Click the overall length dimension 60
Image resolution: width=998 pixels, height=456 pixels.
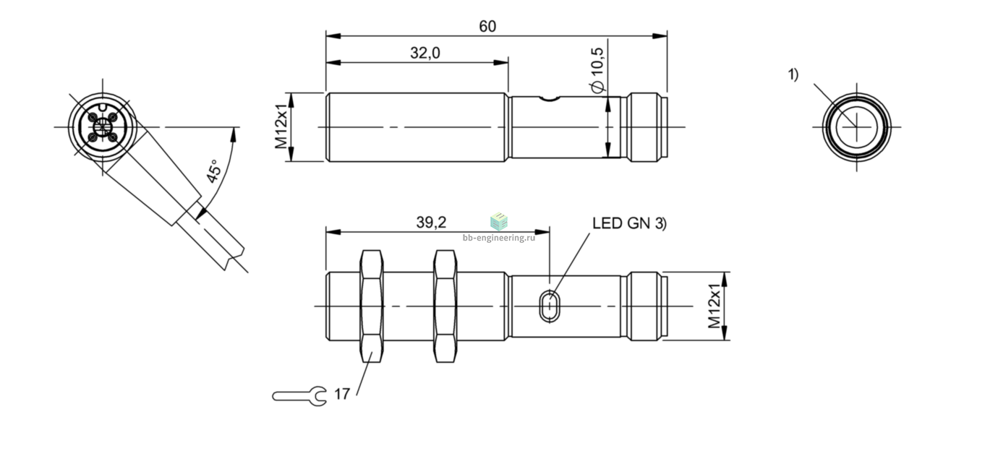(487, 27)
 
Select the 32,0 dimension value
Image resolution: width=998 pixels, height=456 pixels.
(425, 53)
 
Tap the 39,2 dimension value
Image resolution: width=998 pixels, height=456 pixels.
(431, 222)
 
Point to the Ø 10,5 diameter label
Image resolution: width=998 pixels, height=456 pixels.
(597, 70)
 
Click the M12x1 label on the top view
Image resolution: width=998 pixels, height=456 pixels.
(281, 126)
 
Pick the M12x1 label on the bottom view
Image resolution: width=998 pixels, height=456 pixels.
(715, 306)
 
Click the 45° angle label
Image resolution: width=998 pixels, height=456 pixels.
(214, 171)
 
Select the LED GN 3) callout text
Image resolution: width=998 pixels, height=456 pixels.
(629, 223)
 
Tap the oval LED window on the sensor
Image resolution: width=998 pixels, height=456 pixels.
(550, 306)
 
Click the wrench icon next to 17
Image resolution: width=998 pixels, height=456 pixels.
(299, 396)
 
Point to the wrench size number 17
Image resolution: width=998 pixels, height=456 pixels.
(342, 394)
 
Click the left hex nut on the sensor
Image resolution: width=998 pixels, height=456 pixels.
(371, 306)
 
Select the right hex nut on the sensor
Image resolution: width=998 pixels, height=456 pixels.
(445, 306)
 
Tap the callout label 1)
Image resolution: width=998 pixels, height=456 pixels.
(793, 74)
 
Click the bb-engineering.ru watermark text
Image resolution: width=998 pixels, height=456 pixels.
(499, 238)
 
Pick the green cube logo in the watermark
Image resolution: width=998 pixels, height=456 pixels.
(499, 221)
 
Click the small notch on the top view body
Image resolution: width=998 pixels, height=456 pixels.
(550, 99)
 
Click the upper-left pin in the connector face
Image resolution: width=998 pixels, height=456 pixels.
(93, 117)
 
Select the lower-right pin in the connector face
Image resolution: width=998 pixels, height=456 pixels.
(112, 137)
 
